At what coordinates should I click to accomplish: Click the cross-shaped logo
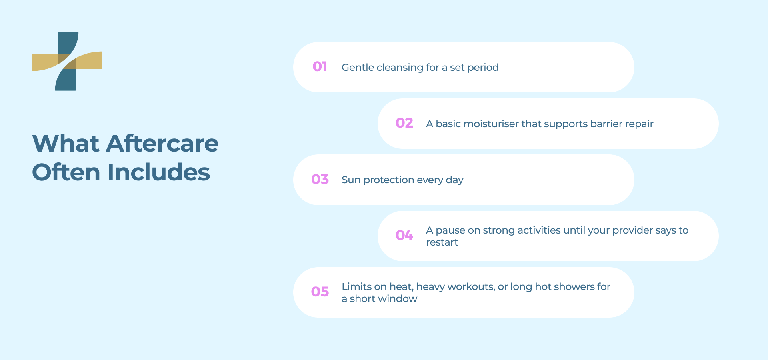[x=67, y=61]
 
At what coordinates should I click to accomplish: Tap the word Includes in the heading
[x=158, y=172]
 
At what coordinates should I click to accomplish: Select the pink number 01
[x=320, y=67]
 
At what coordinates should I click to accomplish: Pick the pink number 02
[x=404, y=123]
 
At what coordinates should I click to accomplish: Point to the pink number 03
[x=320, y=180]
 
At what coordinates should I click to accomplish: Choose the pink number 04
[x=404, y=236]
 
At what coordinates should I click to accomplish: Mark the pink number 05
[x=320, y=292]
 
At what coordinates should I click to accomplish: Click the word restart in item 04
[x=442, y=242]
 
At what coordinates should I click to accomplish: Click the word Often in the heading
[x=66, y=172]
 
